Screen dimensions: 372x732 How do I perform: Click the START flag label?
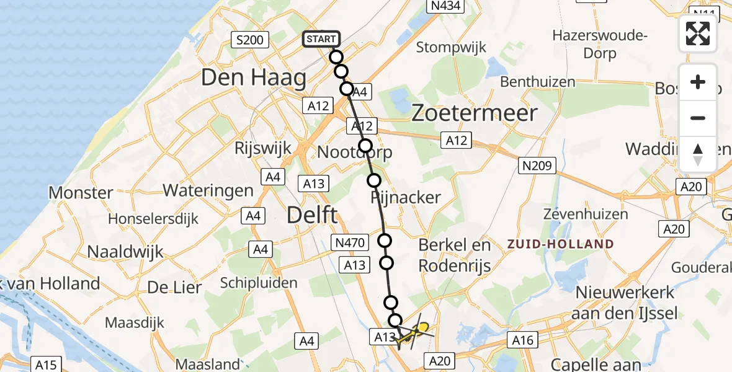321,39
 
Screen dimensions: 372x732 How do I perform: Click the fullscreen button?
698,33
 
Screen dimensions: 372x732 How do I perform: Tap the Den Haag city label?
254,78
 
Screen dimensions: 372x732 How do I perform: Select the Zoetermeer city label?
475,113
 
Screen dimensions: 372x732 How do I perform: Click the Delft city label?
312,216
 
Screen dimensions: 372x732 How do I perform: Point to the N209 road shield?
538,165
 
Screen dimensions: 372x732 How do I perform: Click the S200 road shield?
250,41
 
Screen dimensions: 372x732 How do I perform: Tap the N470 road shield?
351,241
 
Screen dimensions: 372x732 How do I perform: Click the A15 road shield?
47,364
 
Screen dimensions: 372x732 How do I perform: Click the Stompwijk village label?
451,47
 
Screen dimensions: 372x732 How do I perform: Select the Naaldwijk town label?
125,252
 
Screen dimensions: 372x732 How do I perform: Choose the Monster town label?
81,193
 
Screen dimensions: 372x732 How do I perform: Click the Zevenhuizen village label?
586,215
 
